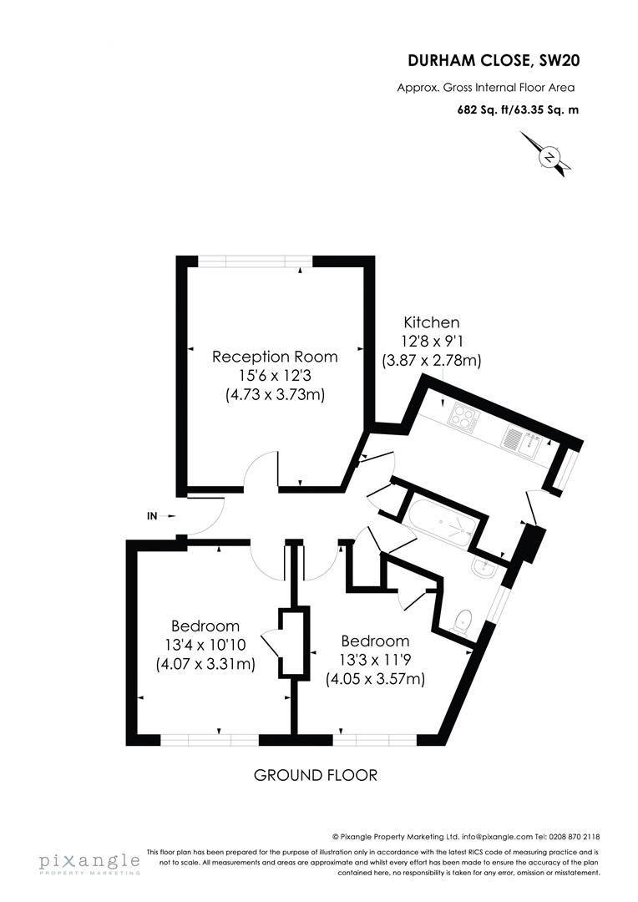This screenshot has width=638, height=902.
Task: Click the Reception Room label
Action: coord(275,357)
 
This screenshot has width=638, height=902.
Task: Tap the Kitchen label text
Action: coord(432,322)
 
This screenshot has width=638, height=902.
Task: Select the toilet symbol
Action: coord(460,621)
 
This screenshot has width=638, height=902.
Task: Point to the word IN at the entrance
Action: coord(152,516)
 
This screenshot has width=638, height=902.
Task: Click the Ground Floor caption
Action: coord(316,776)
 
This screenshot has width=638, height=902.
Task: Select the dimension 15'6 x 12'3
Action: coord(275,376)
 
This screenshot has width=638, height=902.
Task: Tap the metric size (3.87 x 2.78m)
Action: coord(432,362)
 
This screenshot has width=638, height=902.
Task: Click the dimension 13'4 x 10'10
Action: coord(205,645)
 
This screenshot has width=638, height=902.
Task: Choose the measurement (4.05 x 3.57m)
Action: coord(375,679)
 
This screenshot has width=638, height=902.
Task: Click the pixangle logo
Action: coord(88,862)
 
